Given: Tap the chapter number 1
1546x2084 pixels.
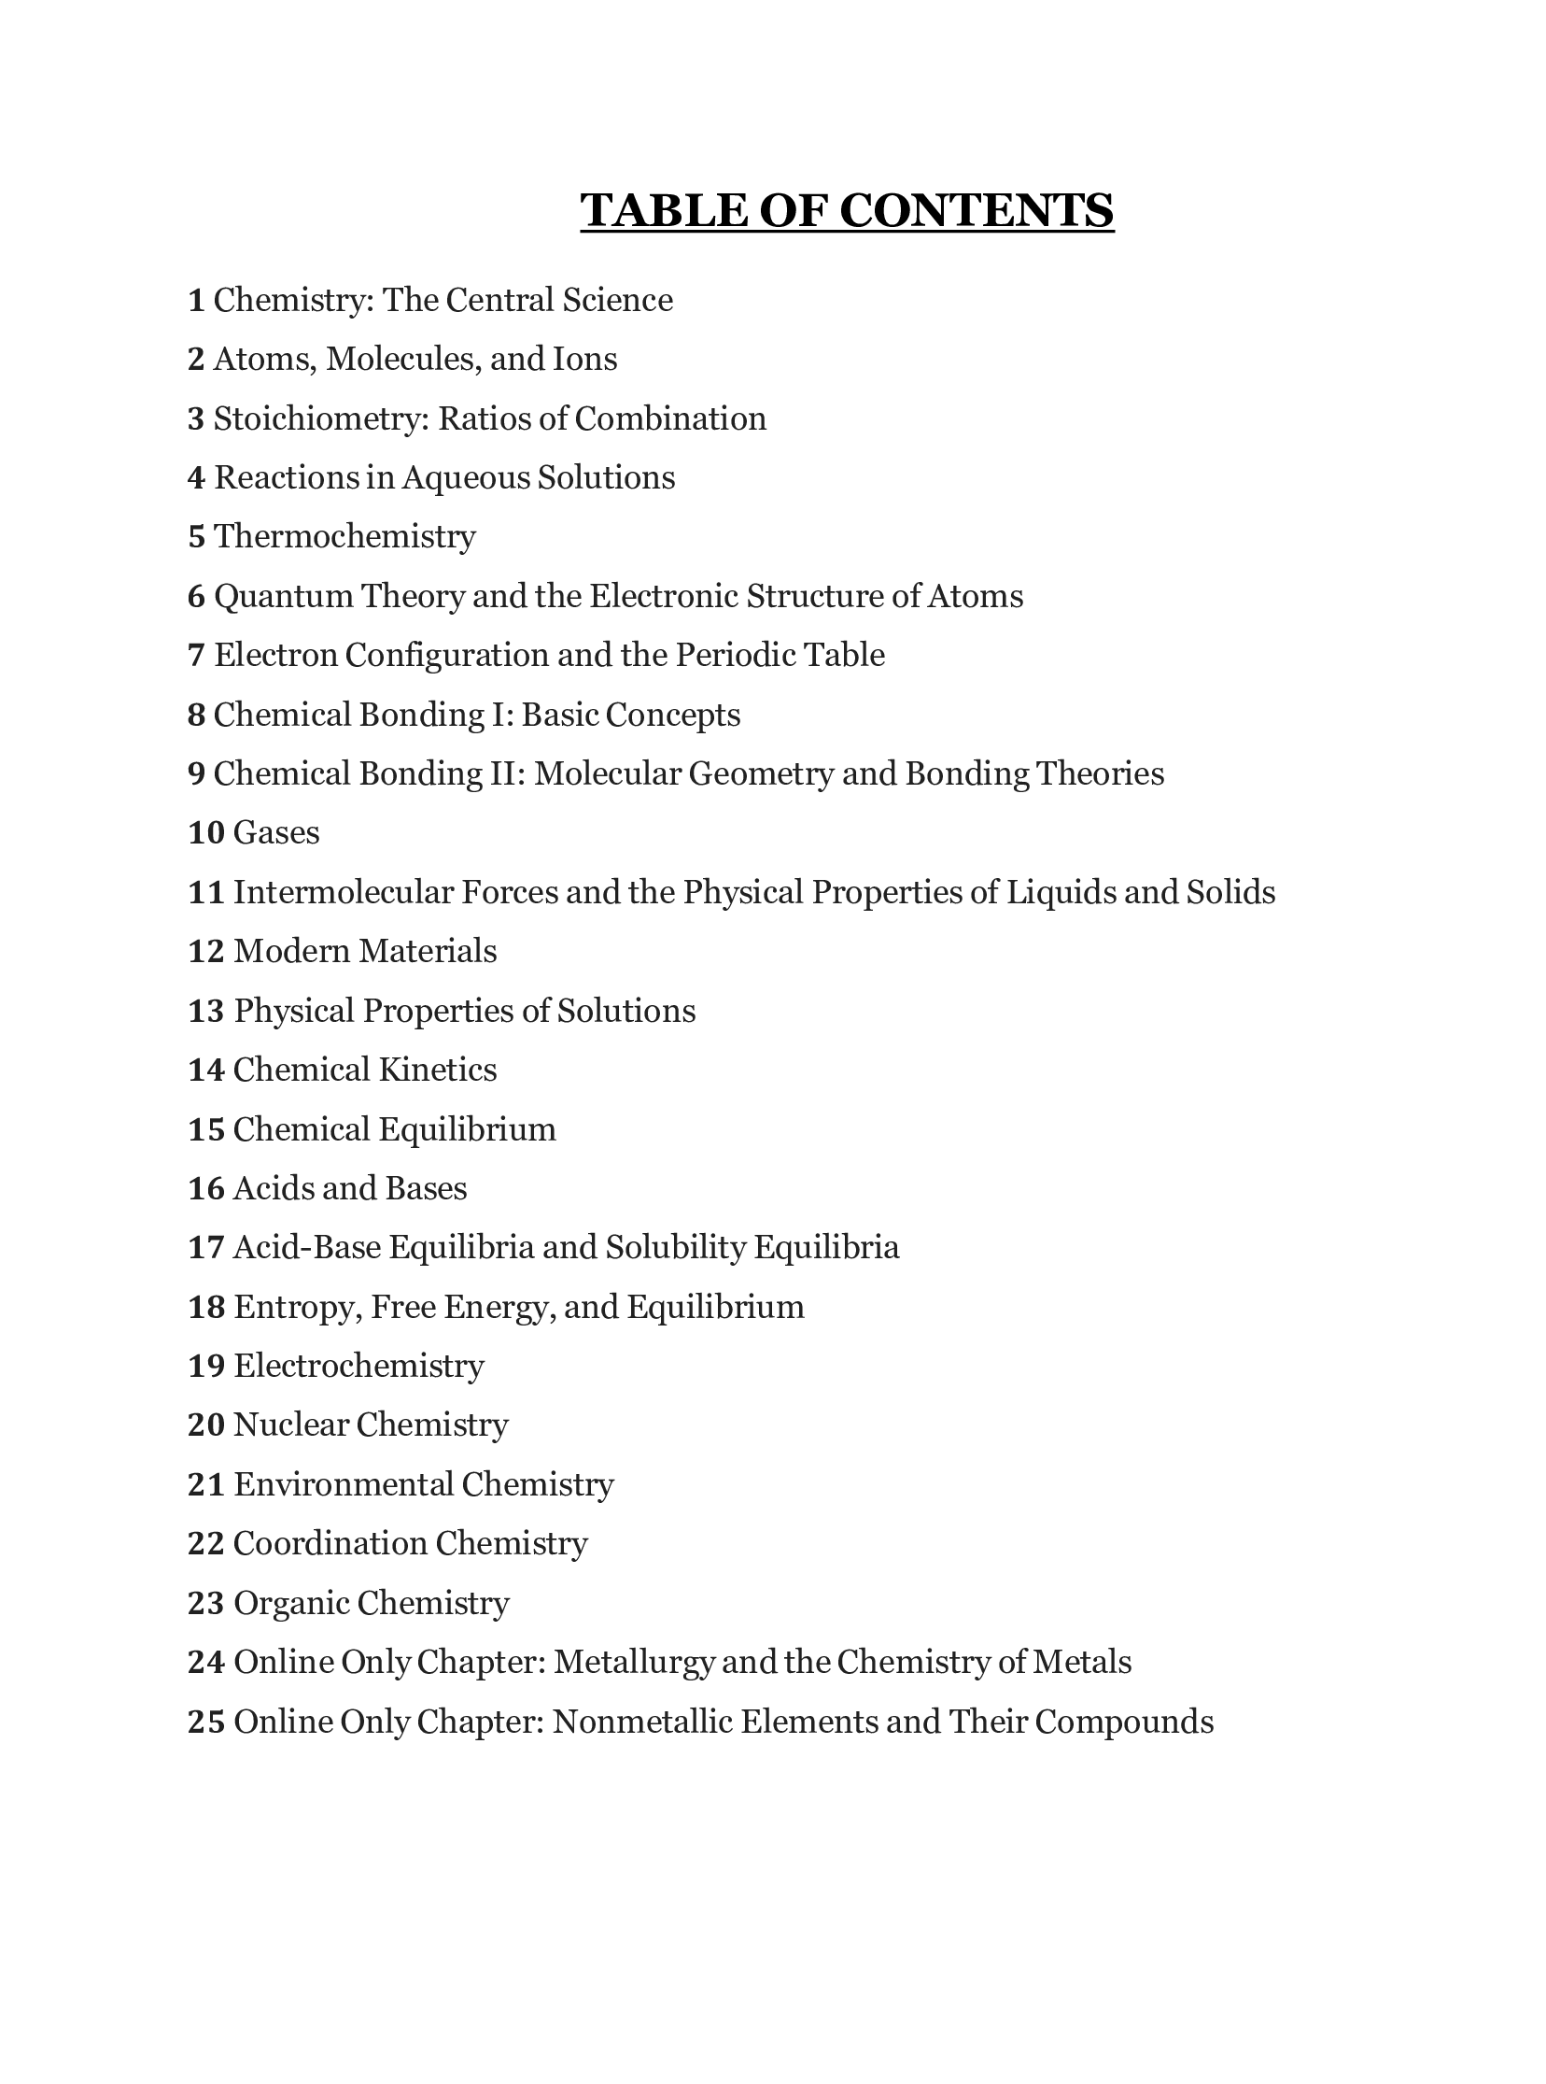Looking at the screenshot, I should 196,301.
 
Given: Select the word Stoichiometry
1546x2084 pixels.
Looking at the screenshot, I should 321,418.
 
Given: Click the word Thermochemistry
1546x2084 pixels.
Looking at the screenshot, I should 344,536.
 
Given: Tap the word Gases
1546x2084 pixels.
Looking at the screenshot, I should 276,832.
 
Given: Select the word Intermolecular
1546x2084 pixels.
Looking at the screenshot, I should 342,892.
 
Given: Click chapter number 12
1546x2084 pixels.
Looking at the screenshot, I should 206,951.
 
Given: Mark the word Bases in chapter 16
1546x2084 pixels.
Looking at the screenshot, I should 426,1188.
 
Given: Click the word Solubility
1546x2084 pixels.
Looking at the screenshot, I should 675,1247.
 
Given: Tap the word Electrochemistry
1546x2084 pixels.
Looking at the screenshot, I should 358,1366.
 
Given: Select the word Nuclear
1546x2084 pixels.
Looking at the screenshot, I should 290,1425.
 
